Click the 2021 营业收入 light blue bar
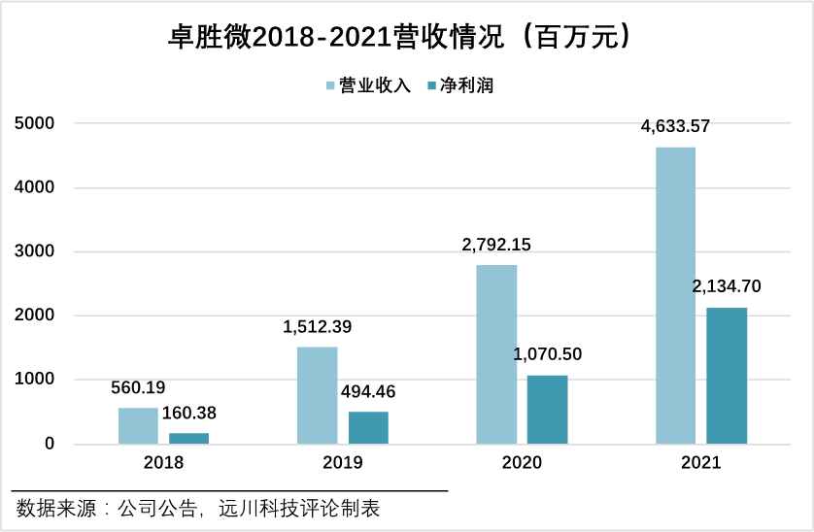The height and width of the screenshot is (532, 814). tap(675, 295)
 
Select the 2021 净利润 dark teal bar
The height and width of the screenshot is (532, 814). tap(727, 376)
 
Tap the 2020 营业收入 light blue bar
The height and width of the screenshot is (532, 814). tap(496, 354)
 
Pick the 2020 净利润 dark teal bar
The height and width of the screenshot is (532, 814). tap(547, 410)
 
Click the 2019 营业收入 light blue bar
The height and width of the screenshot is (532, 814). tap(317, 395)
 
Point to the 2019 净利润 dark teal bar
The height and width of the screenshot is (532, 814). tap(368, 428)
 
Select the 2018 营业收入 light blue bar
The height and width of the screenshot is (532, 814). tap(138, 425)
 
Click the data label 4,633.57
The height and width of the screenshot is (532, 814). tap(675, 126)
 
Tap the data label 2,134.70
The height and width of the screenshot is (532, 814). tap(727, 286)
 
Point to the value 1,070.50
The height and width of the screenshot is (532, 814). tap(547, 354)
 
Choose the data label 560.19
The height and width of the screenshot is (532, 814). tap(138, 387)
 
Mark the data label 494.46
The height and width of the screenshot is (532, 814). tap(368, 392)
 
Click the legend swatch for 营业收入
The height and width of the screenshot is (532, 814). tap(330, 86)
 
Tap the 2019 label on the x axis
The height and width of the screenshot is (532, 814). tap(342, 463)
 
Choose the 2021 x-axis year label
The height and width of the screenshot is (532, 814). tap(700, 463)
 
